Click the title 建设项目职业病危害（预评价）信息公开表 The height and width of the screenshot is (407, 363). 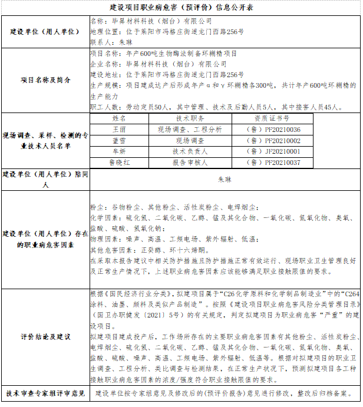coord(182,8)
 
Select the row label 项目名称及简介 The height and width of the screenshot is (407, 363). coord(45,79)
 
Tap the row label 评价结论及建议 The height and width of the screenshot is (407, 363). coord(45,337)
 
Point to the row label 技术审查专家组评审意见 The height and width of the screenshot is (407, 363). coord(45,393)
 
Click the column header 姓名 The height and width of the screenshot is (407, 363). coord(119,118)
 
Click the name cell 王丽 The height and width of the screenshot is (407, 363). coord(119,129)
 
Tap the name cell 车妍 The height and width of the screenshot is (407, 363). coord(119,151)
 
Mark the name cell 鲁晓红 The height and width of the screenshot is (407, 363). coord(119,163)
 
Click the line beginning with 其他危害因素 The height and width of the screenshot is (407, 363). coord(138,250)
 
